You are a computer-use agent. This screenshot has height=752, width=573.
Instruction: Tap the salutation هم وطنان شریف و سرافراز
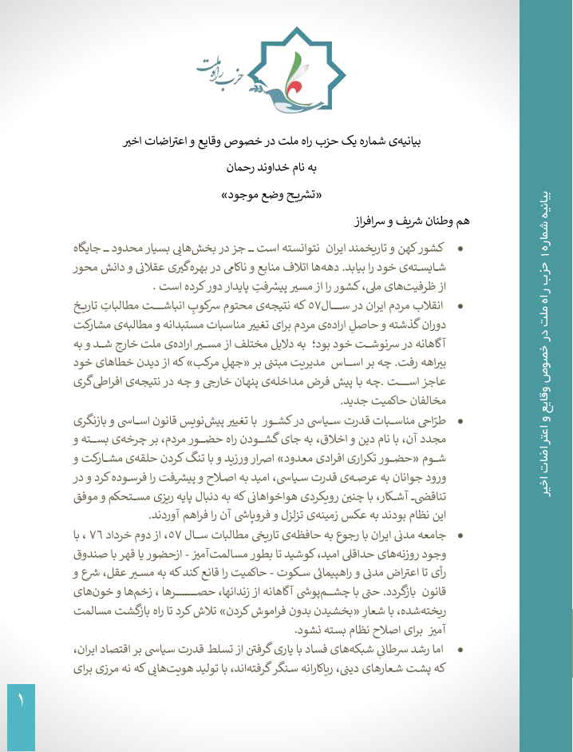pyautogui.click(x=416, y=219)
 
